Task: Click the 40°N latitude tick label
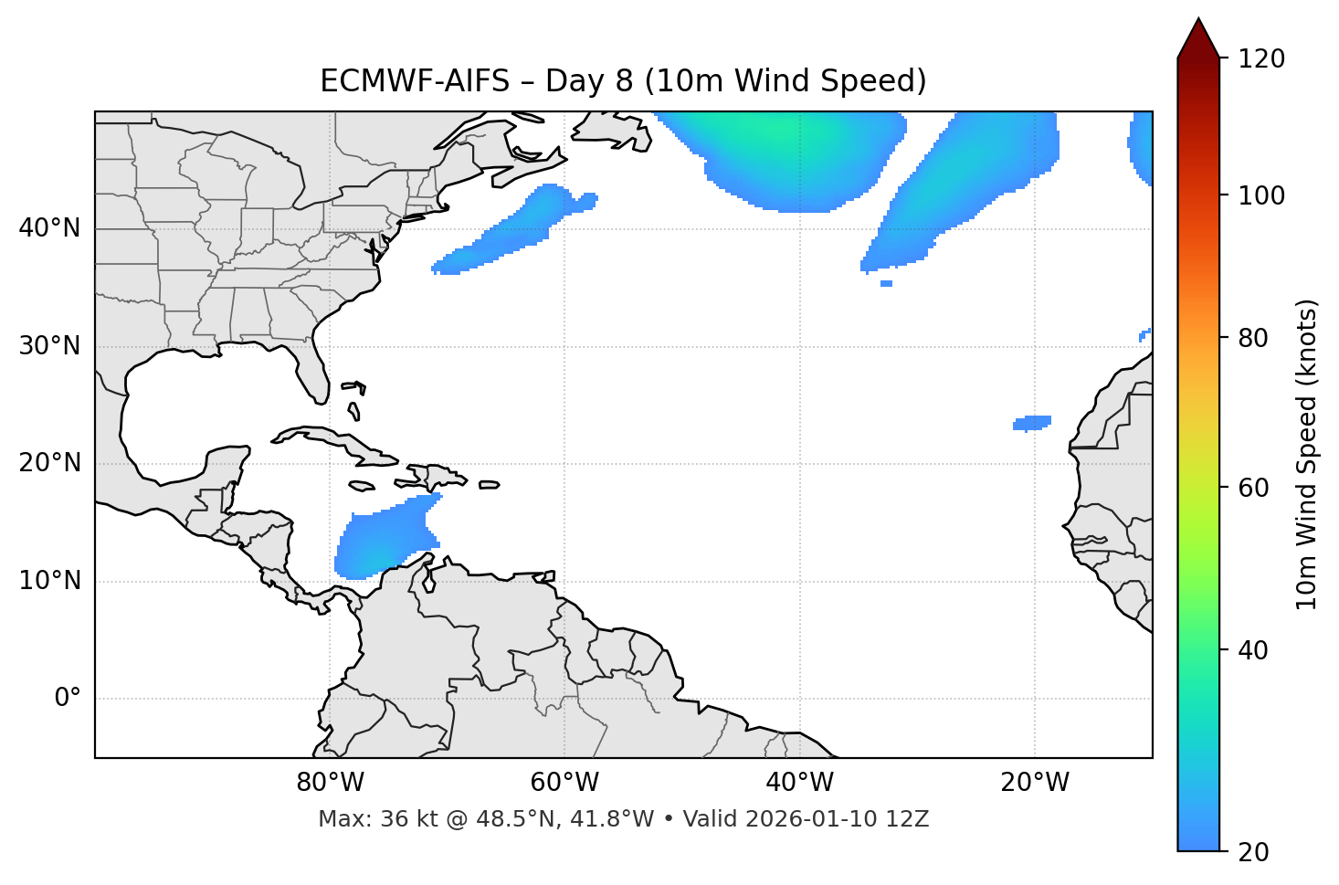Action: click(x=48, y=228)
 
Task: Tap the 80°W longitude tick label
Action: click(x=330, y=783)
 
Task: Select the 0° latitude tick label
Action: click(x=67, y=699)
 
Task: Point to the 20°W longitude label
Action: click(x=1035, y=783)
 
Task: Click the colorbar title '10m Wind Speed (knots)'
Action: click(x=1307, y=454)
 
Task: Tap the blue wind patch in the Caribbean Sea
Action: click(x=384, y=540)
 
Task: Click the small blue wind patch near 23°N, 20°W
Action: click(x=1033, y=423)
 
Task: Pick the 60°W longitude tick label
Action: click(x=564, y=783)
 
